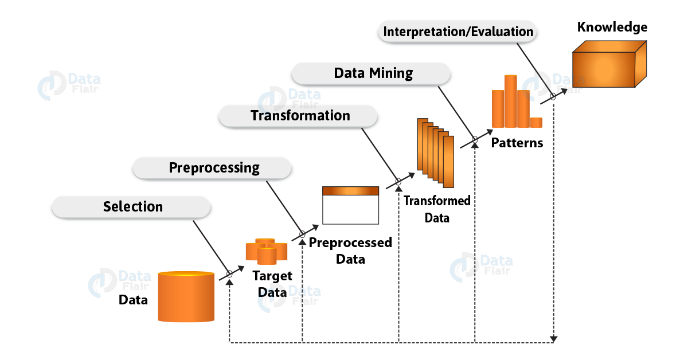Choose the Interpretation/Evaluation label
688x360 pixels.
[458, 32]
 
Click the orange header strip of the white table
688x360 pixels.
[351, 191]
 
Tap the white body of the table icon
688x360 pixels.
[351, 210]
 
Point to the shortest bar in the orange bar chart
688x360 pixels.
[536, 122]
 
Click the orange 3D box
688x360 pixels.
[609, 64]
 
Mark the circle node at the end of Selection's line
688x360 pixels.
[229, 274]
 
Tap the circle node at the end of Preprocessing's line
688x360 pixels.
[302, 235]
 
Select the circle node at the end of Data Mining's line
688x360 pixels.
[475, 139]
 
